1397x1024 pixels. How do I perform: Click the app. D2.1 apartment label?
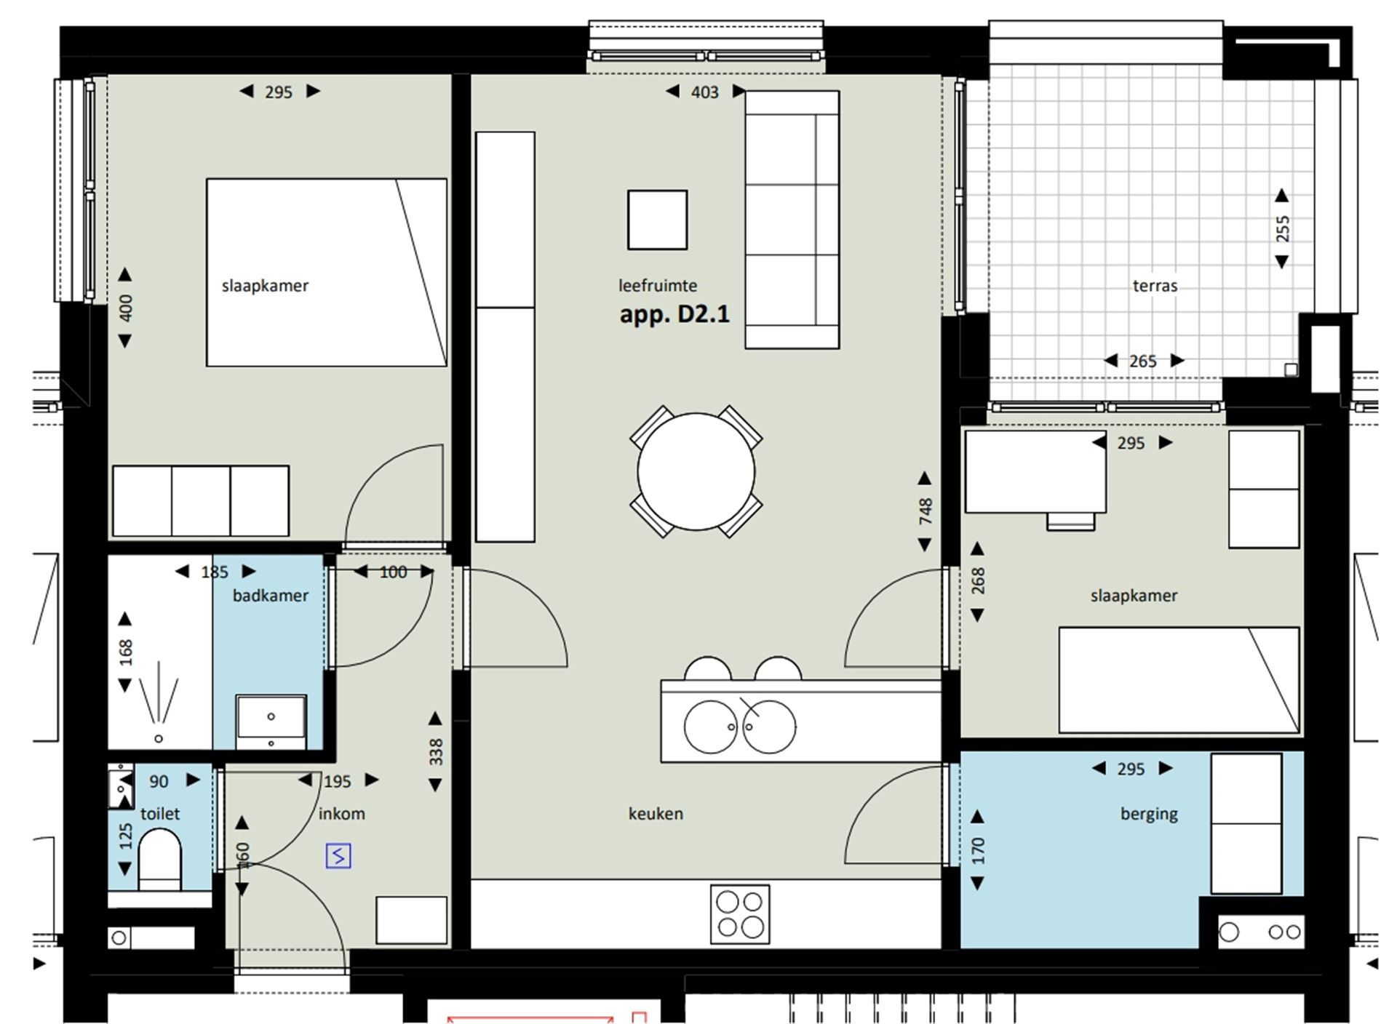click(674, 314)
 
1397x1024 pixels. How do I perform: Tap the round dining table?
click(696, 471)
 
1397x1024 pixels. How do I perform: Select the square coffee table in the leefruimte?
click(657, 220)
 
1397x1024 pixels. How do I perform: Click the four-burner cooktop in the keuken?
click(740, 914)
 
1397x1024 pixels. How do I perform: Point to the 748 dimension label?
click(925, 511)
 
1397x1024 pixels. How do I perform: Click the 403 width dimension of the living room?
click(704, 92)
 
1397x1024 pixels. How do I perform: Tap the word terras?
click(1155, 286)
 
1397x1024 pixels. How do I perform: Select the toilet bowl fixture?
click(159, 860)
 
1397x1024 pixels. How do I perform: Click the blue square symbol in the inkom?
click(338, 856)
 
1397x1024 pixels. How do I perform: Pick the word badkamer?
click(270, 596)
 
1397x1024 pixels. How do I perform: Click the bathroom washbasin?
click(271, 721)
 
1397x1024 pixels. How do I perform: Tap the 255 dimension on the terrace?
click(1282, 228)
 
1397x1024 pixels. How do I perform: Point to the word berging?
click(1149, 814)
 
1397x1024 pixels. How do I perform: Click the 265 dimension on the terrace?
click(1142, 361)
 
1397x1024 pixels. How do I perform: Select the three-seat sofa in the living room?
click(792, 220)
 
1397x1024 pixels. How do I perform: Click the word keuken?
click(656, 814)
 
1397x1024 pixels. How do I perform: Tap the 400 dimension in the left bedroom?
click(125, 308)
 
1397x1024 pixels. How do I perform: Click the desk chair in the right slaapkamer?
click(1070, 521)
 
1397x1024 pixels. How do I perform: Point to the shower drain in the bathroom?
click(159, 739)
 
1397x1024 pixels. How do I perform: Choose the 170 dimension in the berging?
click(977, 850)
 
